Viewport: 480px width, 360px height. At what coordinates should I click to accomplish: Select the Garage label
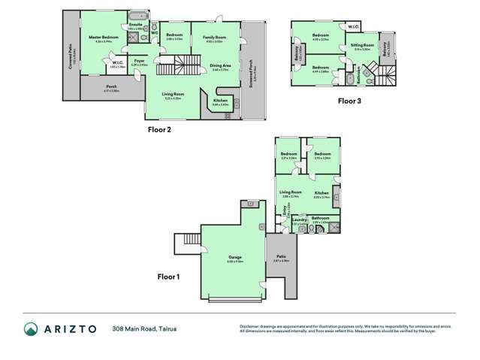tap(234, 257)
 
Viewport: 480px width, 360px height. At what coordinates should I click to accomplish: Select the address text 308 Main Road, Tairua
tap(146, 328)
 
